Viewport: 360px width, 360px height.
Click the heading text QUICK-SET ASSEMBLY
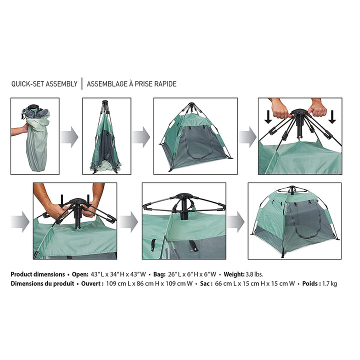pyautogui.click(x=44, y=84)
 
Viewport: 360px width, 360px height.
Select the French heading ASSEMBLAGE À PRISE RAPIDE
pyautogui.click(x=131, y=84)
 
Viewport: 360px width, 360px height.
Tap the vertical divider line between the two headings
pyautogui.click(x=82, y=84)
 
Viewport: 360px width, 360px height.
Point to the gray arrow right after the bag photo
pyautogui.click(x=70, y=136)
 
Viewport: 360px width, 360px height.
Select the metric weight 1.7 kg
pyautogui.click(x=328, y=283)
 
